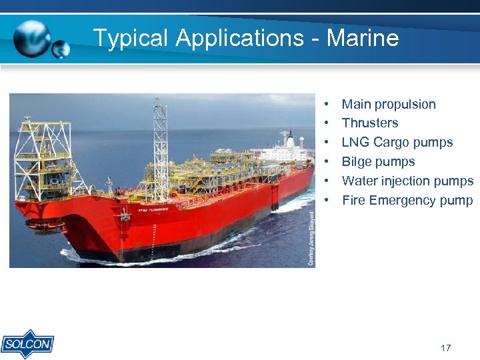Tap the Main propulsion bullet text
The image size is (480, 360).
click(389, 104)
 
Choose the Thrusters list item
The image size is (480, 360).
click(370, 123)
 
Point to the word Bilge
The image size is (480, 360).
click(357, 161)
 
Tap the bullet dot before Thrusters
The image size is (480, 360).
click(328, 123)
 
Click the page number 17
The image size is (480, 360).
click(446, 348)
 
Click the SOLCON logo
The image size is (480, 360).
click(27, 344)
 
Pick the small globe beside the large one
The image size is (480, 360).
click(61, 49)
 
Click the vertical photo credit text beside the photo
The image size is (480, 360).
click(310, 239)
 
